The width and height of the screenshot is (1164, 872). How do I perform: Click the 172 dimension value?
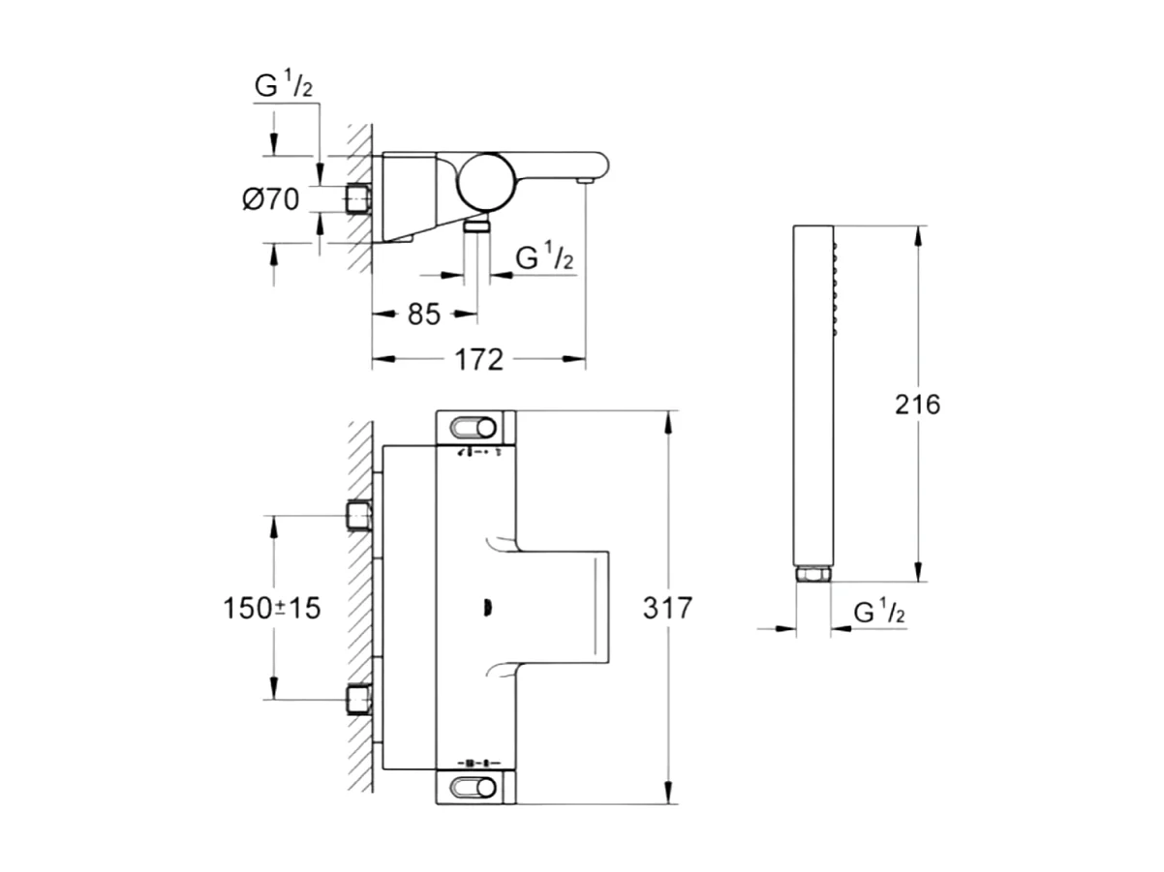[479, 360]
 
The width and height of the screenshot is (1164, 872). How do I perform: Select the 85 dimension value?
[425, 315]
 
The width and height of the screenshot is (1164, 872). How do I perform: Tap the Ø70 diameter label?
[270, 199]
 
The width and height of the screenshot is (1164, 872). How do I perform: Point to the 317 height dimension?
[667, 608]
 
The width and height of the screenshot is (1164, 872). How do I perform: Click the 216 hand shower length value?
[916, 404]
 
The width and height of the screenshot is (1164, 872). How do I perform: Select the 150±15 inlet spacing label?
[271, 608]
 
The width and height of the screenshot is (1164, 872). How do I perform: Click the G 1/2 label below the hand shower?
[880, 612]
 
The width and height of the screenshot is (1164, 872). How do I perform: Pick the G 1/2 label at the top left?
[284, 87]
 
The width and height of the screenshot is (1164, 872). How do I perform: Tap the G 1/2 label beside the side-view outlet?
[544, 258]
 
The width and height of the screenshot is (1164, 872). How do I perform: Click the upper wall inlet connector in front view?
[359, 515]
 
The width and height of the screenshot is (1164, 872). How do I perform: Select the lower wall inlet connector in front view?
[359, 698]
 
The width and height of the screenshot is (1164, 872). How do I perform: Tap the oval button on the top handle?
[475, 427]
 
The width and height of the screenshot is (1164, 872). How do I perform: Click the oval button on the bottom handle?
[475, 787]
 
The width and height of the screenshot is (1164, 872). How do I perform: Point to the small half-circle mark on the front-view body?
[487, 608]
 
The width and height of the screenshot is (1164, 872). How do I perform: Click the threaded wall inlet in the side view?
[357, 199]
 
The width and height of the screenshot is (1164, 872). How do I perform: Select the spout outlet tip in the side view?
[585, 180]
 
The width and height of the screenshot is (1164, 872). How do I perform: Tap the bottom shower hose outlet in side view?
[475, 226]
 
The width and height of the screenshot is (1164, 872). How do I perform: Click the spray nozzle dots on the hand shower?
[831, 290]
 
